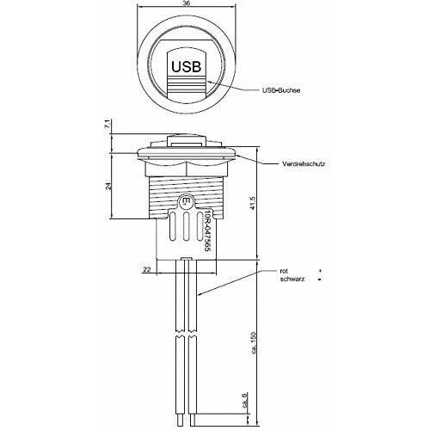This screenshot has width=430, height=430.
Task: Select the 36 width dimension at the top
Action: [x=187, y=5]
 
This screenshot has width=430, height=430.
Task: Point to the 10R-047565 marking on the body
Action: [x=208, y=228]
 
